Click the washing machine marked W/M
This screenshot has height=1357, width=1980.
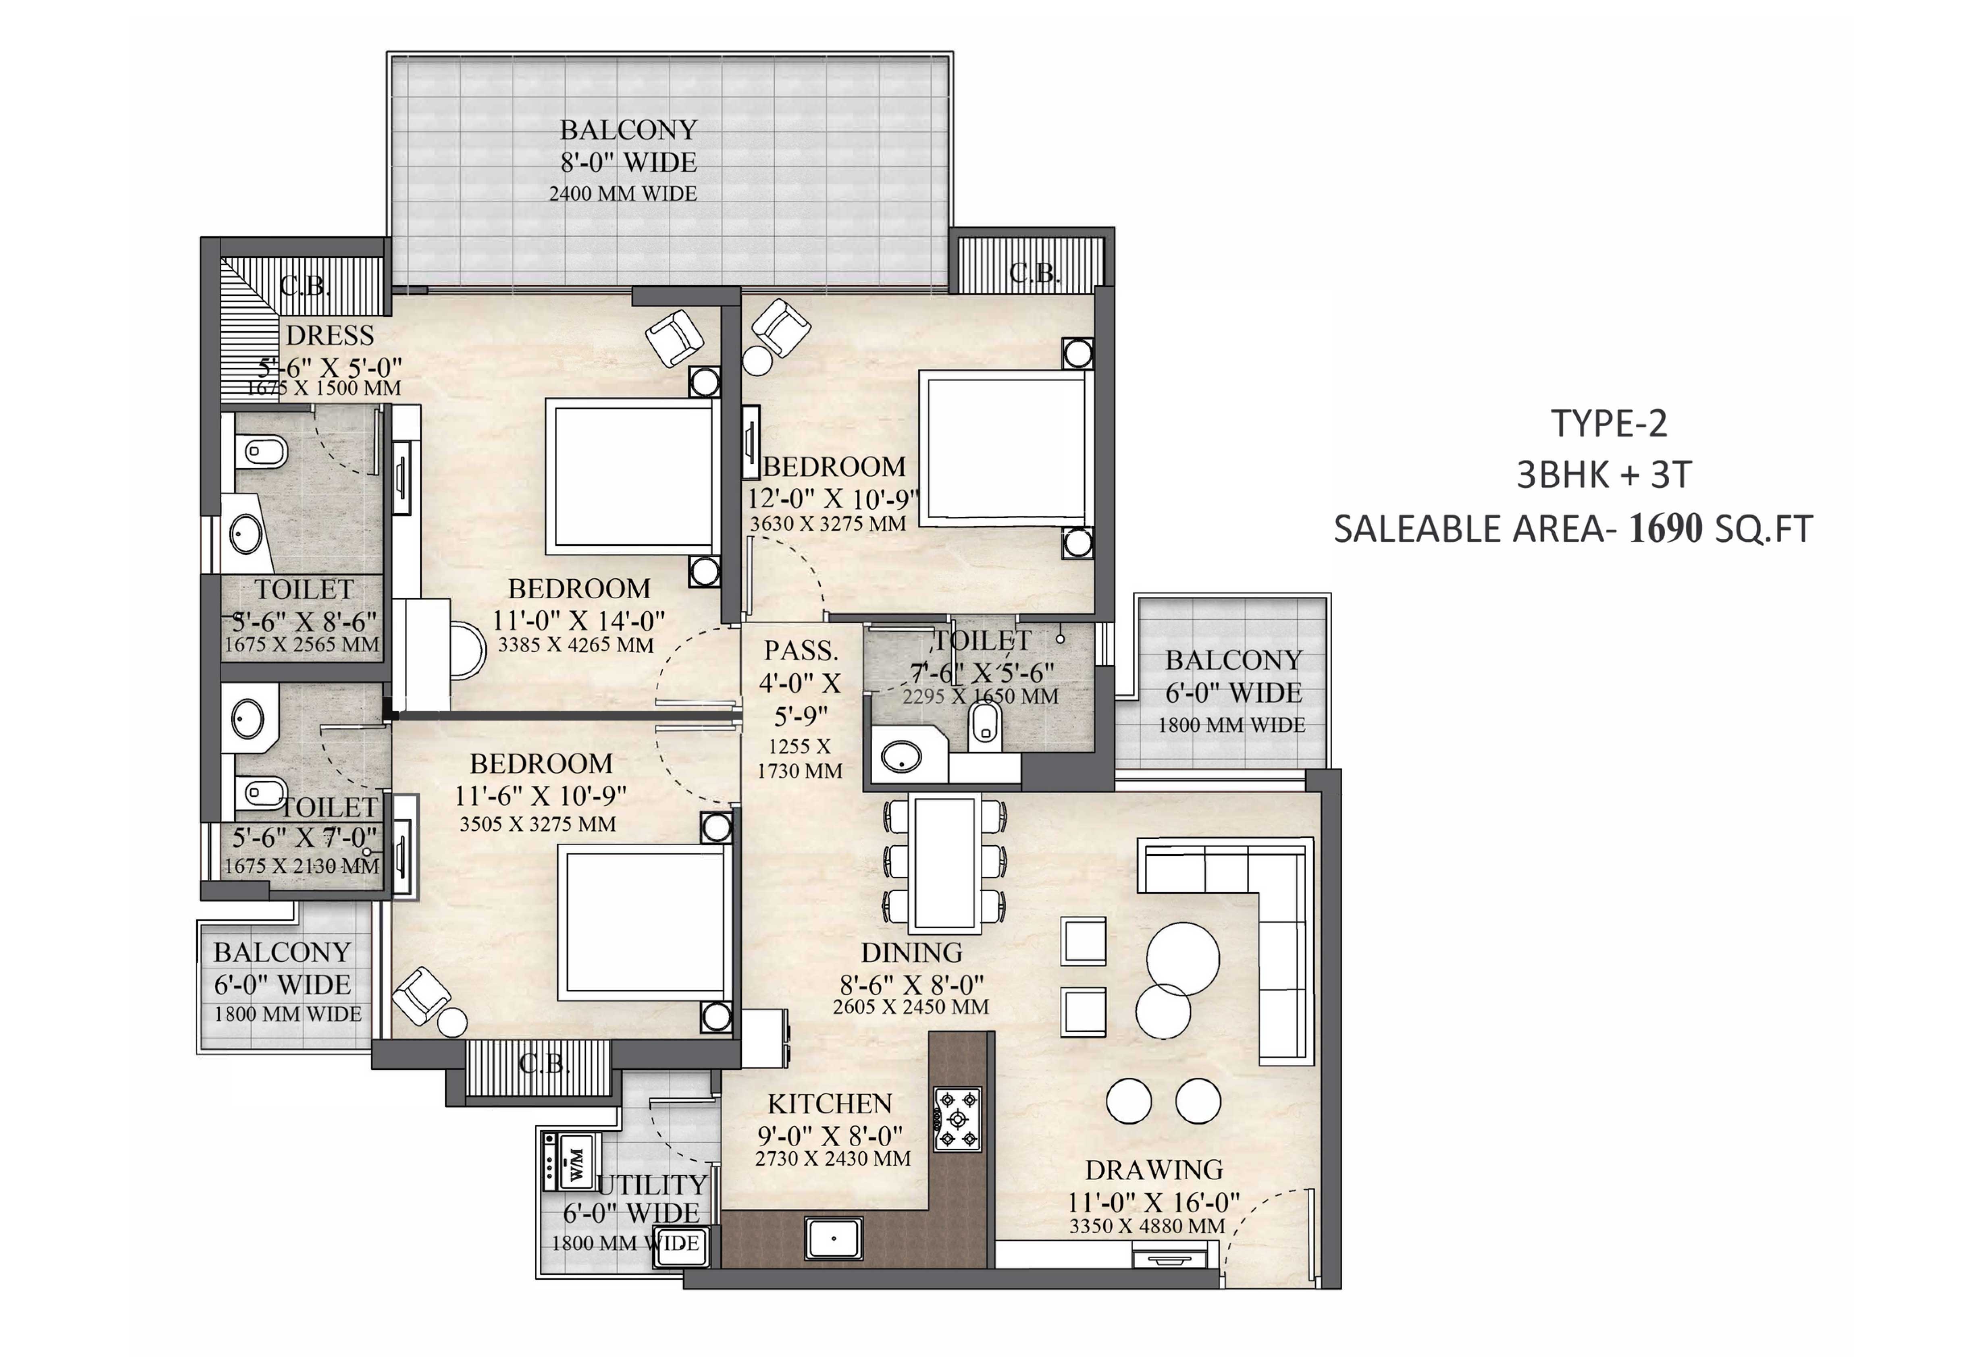[572, 1160]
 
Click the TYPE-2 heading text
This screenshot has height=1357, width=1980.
[1608, 423]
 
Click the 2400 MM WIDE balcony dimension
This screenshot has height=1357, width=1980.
[623, 193]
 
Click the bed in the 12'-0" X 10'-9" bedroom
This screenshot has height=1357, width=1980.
[1005, 447]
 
